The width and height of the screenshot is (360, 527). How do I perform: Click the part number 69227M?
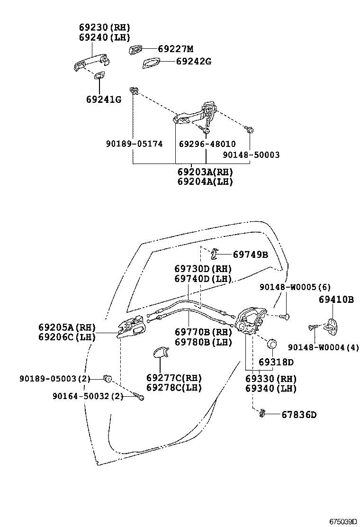176,49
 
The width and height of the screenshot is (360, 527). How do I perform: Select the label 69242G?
194,62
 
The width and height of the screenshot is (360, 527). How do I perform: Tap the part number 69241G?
104,100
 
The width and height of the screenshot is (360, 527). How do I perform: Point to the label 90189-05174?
135,144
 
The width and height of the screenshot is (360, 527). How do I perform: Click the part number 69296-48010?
207,144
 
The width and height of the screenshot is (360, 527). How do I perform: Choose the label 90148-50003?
251,154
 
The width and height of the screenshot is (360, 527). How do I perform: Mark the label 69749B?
251,254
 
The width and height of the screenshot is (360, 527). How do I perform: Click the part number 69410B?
336,300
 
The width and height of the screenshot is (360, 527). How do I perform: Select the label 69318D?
276,362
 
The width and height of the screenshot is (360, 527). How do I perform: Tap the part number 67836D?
299,415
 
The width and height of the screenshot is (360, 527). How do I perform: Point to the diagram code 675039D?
342,522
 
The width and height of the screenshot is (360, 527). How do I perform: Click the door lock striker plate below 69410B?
331,327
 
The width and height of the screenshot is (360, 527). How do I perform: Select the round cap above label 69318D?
271,344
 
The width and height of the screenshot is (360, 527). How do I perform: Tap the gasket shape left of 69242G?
151,63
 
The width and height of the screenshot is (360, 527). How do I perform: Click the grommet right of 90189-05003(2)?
108,379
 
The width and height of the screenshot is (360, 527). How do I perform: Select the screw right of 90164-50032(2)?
138,396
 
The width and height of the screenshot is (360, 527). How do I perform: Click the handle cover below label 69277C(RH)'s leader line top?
161,352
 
